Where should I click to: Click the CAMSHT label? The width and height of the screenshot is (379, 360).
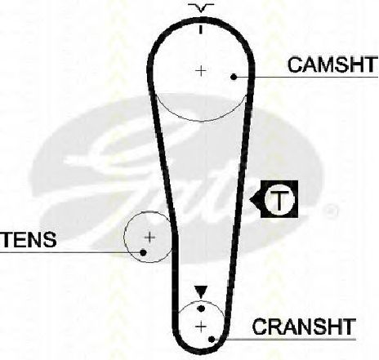tap(332, 64)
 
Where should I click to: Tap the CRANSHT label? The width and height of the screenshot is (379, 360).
tap(304, 327)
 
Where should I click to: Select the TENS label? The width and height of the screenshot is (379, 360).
tap(29, 239)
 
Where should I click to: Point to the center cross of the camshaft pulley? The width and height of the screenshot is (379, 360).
tap(201, 71)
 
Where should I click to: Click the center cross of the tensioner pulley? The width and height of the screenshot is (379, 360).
tap(149, 238)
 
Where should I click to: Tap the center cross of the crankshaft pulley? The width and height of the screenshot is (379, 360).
tap(201, 327)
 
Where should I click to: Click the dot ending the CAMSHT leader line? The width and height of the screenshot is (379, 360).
tap(234, 77)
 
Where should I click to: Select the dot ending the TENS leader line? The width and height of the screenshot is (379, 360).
tap(143, 252)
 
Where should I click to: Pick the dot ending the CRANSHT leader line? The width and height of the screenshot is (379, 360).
tap(212, 340)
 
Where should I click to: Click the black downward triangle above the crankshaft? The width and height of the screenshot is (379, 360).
tap(201, 292)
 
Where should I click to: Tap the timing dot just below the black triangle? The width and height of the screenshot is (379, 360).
tap(201, 309)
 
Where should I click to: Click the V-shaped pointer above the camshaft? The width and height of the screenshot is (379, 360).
tap(201, 8)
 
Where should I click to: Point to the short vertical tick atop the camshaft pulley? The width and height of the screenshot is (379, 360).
tap(201, 29)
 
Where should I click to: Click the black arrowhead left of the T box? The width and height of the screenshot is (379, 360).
tap(255, 200)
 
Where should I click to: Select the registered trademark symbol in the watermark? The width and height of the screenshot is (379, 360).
tap(330, 211)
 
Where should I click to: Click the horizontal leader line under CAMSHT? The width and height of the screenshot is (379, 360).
tap(307, 78)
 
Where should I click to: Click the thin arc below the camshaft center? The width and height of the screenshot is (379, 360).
tap(201, 121)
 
